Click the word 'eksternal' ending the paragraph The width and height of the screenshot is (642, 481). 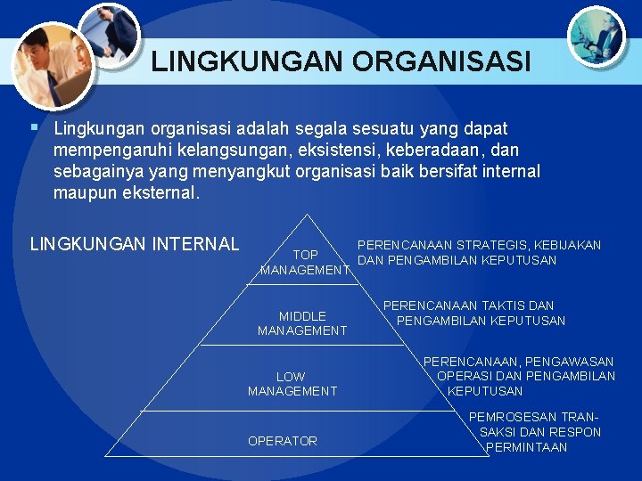pyautogui.click(x=157, y=192)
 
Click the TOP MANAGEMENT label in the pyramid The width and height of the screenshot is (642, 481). pyautogui.click(x=305, y=262)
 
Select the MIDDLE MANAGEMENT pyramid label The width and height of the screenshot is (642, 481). pyautogui.click(x=302, y=323)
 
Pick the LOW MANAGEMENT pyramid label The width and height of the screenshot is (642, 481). pyautogui.click(x=292, y=384)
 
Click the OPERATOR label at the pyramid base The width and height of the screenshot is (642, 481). pyautogui.click(x=282, y=441)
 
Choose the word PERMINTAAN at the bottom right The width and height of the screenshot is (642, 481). pyautogui.click(x=527, y=447)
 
